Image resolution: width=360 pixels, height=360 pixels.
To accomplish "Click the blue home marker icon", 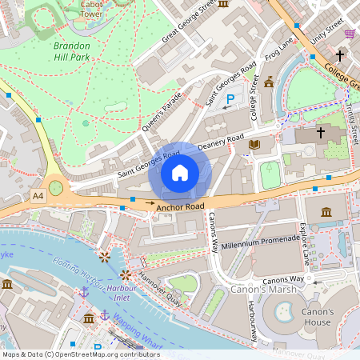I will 180,172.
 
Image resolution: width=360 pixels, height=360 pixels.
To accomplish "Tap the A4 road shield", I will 38,195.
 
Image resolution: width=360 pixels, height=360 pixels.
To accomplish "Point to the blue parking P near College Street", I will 230,99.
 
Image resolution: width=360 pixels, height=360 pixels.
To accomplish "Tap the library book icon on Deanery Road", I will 254,145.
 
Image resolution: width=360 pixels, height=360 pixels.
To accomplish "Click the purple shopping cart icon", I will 350,34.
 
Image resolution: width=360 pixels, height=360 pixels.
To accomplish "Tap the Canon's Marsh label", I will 258,289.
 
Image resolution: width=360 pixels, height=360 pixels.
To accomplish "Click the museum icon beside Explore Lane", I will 326,212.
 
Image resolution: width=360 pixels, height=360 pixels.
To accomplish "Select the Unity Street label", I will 327,30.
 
